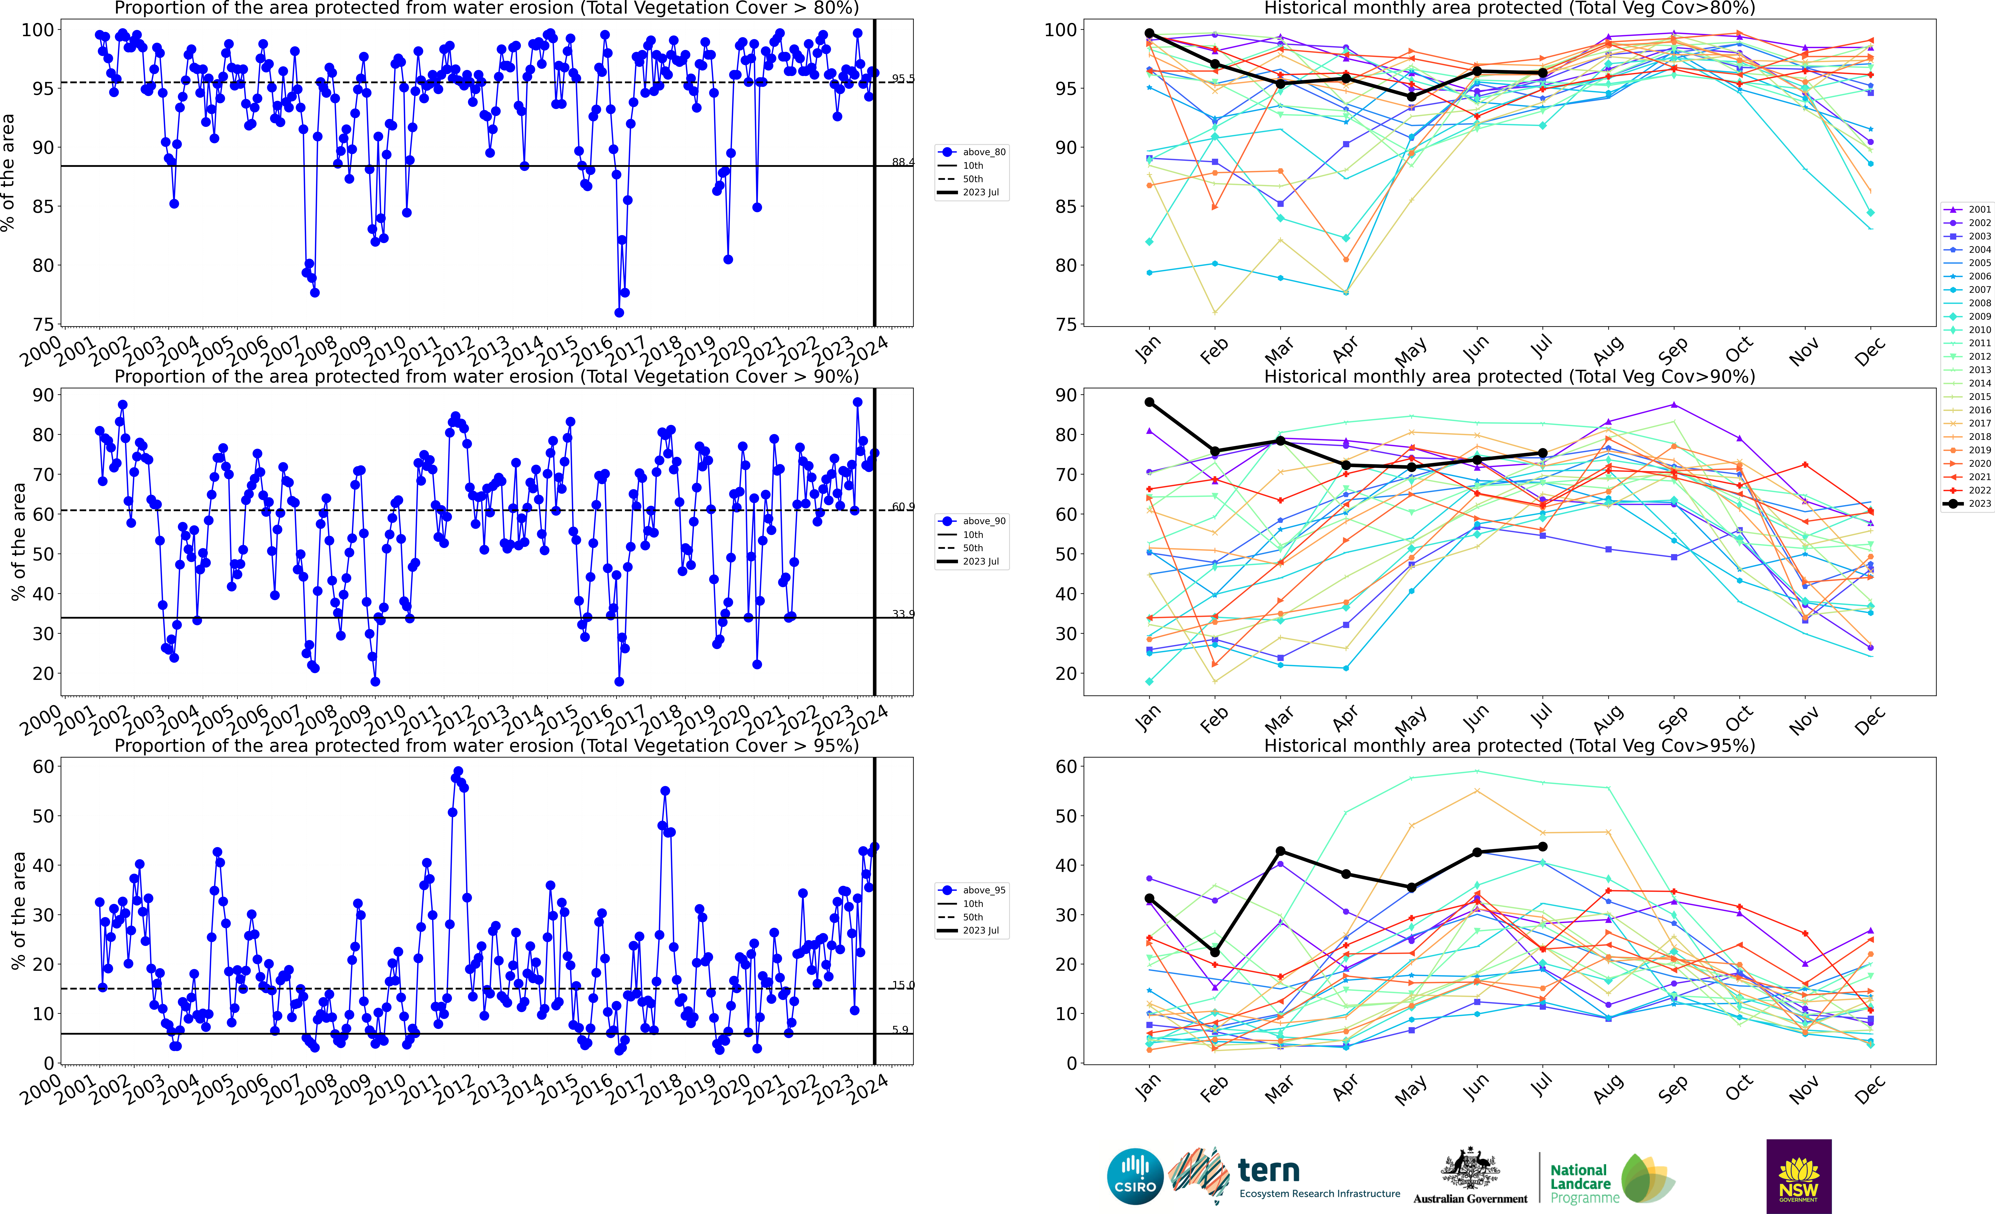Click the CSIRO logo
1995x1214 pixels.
point(1135,1176)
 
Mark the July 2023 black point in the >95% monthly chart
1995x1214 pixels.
point(1542,847)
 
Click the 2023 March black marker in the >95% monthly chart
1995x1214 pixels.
point(1280,851)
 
